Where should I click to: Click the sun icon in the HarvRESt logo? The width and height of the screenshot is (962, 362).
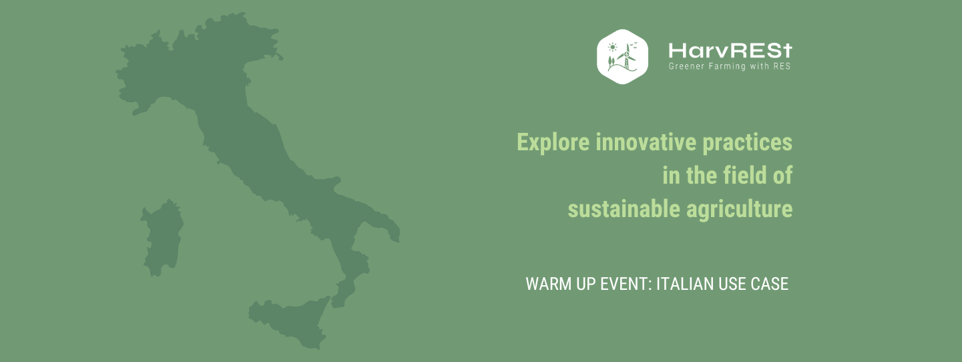(612, 47)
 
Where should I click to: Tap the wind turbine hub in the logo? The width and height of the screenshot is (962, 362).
(627, 55)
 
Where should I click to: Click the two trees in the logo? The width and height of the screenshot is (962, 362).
(610, 62)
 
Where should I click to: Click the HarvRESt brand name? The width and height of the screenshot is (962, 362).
(730, 51)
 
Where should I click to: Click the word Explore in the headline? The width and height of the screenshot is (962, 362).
(553, 142)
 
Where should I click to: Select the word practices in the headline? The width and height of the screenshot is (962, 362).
(747, 142)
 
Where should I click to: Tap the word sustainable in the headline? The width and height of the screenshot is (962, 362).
(624, 209)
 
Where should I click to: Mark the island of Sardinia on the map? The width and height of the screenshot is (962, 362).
(163, 238)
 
